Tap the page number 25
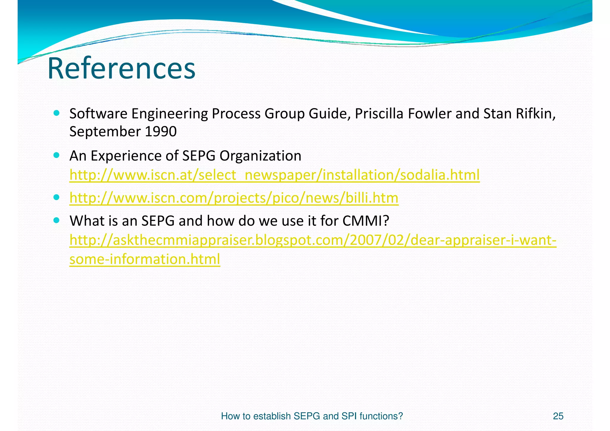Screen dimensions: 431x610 pyautogui.click(x=558, y=416)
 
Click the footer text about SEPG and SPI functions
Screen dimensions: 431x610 pyautogui.click(x=312, y=416)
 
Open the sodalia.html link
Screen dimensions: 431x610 pyautogui.click(x=274, y=175)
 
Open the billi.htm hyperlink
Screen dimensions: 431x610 pyautogui.click(x=234, y=198)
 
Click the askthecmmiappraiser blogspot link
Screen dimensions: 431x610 pyautogui.click(x=313, y=240)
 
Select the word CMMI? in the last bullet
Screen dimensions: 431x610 pyautogui.click(x=366, y=221)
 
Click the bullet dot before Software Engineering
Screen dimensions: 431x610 pyautogui.click(x=57, y=113)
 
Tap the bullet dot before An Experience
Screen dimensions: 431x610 pyautogui.click(x=57, y=155)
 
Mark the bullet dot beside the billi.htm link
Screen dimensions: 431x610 pyautogui.click(x=57, y=197)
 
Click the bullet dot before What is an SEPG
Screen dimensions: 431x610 pyautogui.click(x=57, y=220)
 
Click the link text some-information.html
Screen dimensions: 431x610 pyautogui.click(x=145, y=259)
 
